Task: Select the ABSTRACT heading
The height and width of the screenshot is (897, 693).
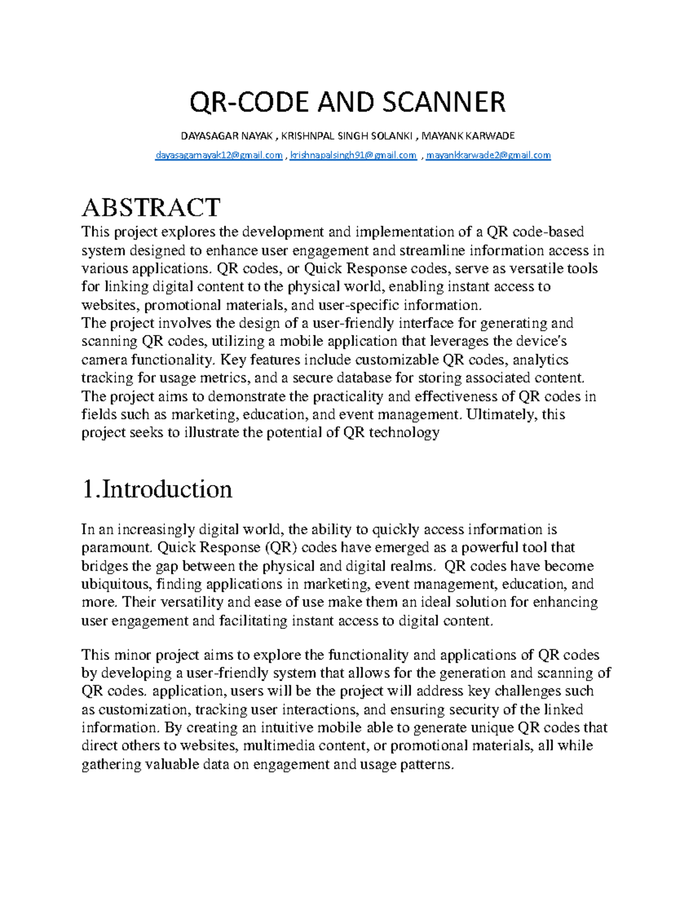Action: [x=151, y=207]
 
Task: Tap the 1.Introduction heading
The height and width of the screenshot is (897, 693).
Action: [x=157, y=489]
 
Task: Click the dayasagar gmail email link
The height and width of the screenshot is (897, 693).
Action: [x=219, y=155]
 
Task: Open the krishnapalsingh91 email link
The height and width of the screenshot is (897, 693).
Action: [x=353, y=155]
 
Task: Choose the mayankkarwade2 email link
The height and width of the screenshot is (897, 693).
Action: [x=488, y=155]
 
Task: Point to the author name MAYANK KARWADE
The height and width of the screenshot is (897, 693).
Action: [x=468, y=136]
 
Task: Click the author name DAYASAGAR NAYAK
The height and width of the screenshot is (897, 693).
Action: [x=226, y=136]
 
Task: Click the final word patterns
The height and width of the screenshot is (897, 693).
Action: [x=426, y=764]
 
